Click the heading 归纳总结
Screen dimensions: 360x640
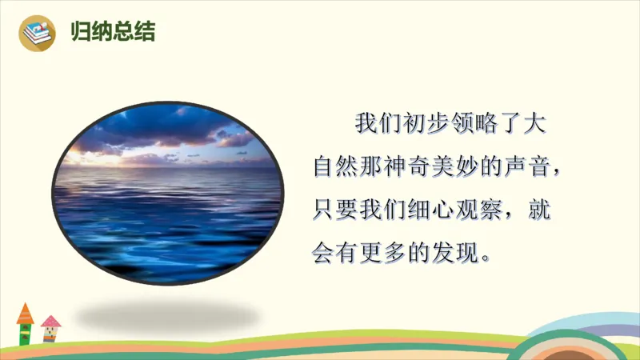click(112, 32)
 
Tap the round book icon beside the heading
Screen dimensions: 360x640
click(38, 33)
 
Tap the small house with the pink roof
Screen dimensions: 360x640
click(50, 328)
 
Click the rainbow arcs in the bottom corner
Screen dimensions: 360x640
click(592, 340)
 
